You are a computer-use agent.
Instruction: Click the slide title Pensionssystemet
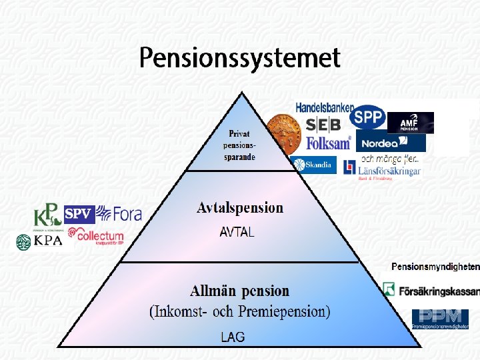click(240, 58)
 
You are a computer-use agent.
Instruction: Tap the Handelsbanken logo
click(325, 107)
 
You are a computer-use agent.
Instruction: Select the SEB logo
click(323, 125)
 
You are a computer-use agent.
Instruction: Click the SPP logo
click(367, 119)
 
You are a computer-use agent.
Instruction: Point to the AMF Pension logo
click(410, 123)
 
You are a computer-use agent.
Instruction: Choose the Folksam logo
click(329, 143)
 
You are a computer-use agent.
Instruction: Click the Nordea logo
click(391, 142)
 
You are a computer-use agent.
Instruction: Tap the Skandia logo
click(314, 165)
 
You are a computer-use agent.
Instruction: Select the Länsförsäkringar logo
click(383, 169)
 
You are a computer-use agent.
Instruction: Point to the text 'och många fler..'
click(390, 159)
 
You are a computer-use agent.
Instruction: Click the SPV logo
click(79, 215)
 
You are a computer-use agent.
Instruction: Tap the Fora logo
click(119, 214)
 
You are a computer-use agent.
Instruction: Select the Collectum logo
click(96, 236)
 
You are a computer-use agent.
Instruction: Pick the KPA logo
click(39, 241)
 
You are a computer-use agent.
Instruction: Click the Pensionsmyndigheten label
click(435, 267)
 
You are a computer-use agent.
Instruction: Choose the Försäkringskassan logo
click(431, 291)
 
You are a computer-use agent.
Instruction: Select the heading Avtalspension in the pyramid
click(240, 208)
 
